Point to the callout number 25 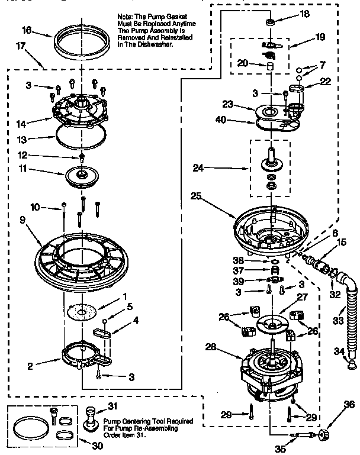[196, 195]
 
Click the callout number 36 [350, 405]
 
